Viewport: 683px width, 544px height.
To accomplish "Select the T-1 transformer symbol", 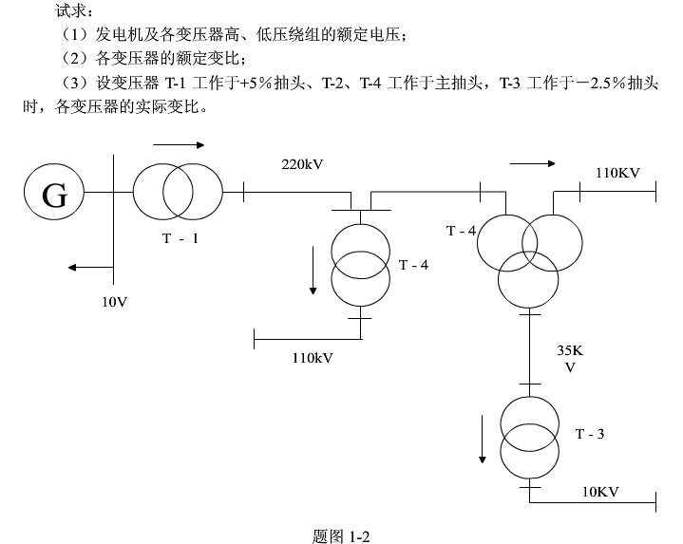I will pos(178,193).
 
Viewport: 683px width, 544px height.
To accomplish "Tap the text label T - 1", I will pos(180,238).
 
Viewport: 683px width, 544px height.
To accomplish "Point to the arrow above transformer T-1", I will pos(178,145).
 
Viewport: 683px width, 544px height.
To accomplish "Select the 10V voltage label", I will pos(115,301).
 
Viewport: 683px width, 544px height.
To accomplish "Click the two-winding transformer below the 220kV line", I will pos(360,265).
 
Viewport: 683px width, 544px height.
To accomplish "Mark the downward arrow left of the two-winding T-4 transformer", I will pos(312,270).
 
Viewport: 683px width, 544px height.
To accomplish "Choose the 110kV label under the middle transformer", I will pos(313,357).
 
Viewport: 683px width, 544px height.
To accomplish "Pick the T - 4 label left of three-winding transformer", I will pos(461,231).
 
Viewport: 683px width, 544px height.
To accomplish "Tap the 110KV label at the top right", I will pos(617,173).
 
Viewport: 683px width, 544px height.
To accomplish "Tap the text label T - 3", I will pos(590,434).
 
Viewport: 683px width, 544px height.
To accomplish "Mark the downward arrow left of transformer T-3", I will pos(483,438).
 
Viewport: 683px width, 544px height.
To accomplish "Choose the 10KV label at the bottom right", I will pos(600,491).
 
